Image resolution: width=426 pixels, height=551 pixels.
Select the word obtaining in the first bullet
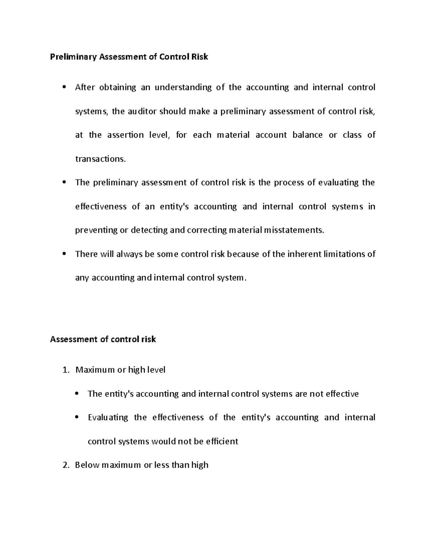pyautogui.click(x=118, y=88)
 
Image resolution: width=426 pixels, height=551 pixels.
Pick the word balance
pyautogui.click(x=307, y=135)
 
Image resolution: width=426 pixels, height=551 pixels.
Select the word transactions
pyautogui.click(x=100, y=159)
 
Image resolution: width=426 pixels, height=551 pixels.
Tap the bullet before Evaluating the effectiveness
pyautogui.click(x=77, y=418)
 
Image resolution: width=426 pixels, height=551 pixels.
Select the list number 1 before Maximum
pyautogui.click(x=65, y=370)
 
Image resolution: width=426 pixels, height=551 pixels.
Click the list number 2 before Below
pyautogui.click(x=65, y=465)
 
